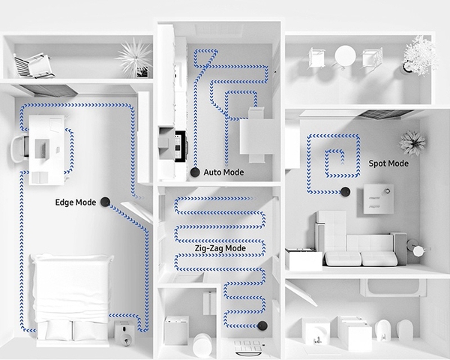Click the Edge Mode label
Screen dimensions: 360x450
tap(76, 202)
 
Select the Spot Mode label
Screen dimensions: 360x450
tap(388, 163)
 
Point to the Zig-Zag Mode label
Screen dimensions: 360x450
tap(219, 247)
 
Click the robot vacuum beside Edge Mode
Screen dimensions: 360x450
tap(106, 201)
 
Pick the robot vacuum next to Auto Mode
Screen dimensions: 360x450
tap(195, 172)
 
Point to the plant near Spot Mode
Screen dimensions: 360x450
tap(412, 141)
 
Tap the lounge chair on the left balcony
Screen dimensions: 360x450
tap(34, 65)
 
